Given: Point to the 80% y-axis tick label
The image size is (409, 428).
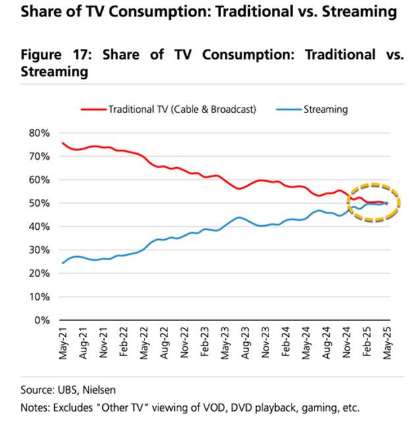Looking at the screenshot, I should pyautogui.click(x=39, y=133).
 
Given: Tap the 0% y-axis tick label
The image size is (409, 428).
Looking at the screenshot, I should pyautogui.click(x=42, y=320).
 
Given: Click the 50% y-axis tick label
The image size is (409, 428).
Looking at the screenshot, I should pyautogui.click(x=39, y=203).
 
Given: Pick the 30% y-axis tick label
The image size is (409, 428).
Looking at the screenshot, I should pyautogui.click(x=39, y=250).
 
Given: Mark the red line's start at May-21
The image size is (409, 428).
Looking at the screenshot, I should pyautogui.click(x=63, y=143).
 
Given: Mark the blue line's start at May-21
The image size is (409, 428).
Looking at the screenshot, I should pyautogui.click(x=63, y=263).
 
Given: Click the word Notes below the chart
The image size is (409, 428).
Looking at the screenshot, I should pyautogui.click(x=36, y=408).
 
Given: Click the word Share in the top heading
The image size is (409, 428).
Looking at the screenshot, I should pyautogui.click(x=40, y=12).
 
